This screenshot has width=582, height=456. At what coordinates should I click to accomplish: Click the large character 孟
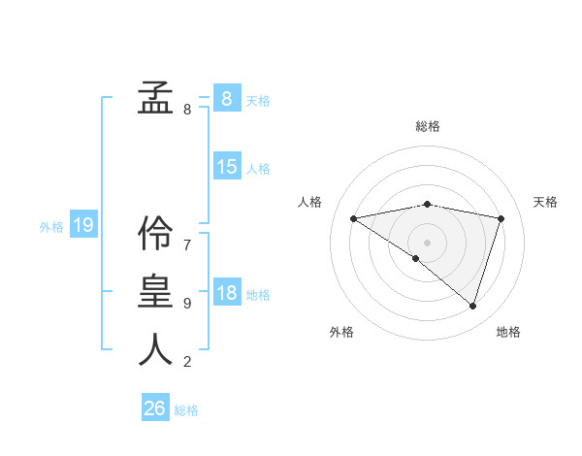155,98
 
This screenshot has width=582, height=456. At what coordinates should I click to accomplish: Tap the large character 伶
155,233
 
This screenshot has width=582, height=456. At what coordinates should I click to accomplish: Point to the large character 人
155,349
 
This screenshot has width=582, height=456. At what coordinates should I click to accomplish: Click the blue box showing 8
226,98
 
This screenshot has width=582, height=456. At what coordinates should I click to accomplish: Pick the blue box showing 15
226,167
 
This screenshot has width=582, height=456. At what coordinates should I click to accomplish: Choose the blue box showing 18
226,293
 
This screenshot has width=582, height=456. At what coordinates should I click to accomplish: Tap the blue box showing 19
82,226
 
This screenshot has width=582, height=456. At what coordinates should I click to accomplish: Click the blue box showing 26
155,408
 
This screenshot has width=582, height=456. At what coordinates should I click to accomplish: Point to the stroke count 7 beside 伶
187,245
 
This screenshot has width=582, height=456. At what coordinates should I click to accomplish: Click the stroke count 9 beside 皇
187,304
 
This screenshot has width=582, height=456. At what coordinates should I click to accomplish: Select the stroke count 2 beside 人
187,362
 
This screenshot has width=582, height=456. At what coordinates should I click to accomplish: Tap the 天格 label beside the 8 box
258,100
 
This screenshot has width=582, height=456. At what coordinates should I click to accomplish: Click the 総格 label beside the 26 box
186,410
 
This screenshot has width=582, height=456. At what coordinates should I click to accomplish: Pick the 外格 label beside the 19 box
51,227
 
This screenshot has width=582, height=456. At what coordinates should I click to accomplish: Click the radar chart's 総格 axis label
427,126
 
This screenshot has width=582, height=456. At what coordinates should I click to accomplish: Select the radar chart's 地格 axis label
508,332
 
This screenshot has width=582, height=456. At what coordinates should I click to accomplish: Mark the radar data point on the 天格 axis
501,218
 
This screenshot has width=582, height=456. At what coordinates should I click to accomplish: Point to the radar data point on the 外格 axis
416,258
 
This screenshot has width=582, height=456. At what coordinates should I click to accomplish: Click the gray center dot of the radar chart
427,242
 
